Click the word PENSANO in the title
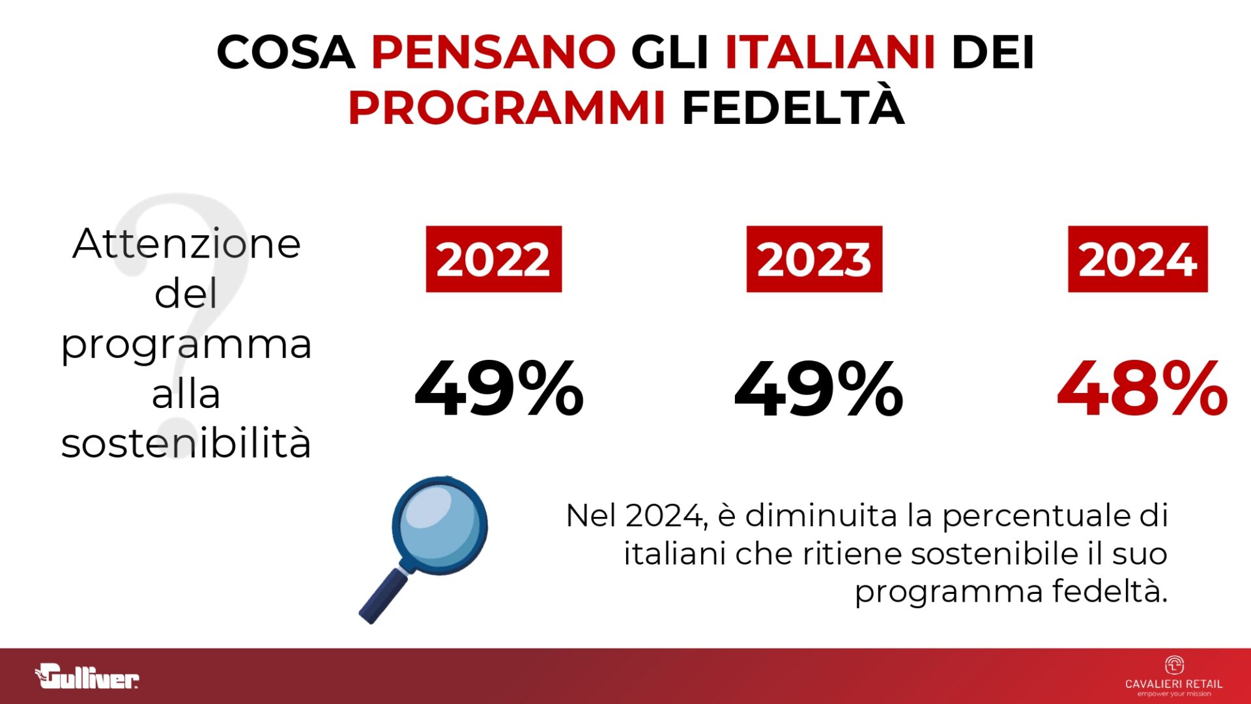coord(493,52)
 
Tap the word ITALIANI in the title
coord(830,52)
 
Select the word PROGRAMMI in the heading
coord(506,108)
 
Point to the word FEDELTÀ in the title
coord(793,108)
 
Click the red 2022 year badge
coord(493,259)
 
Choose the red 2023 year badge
coord(814,259)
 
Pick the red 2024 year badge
coord(1137,259)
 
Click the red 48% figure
coord(1142,389)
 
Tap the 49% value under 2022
coord(498,389)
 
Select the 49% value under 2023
coord(818,389)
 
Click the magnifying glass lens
coord(440,525)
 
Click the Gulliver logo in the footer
coord(87,677)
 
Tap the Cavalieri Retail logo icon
coord(1173,666)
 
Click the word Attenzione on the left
coord(186,244)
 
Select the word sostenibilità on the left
coord(186,444)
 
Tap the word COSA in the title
coord(285,52)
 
